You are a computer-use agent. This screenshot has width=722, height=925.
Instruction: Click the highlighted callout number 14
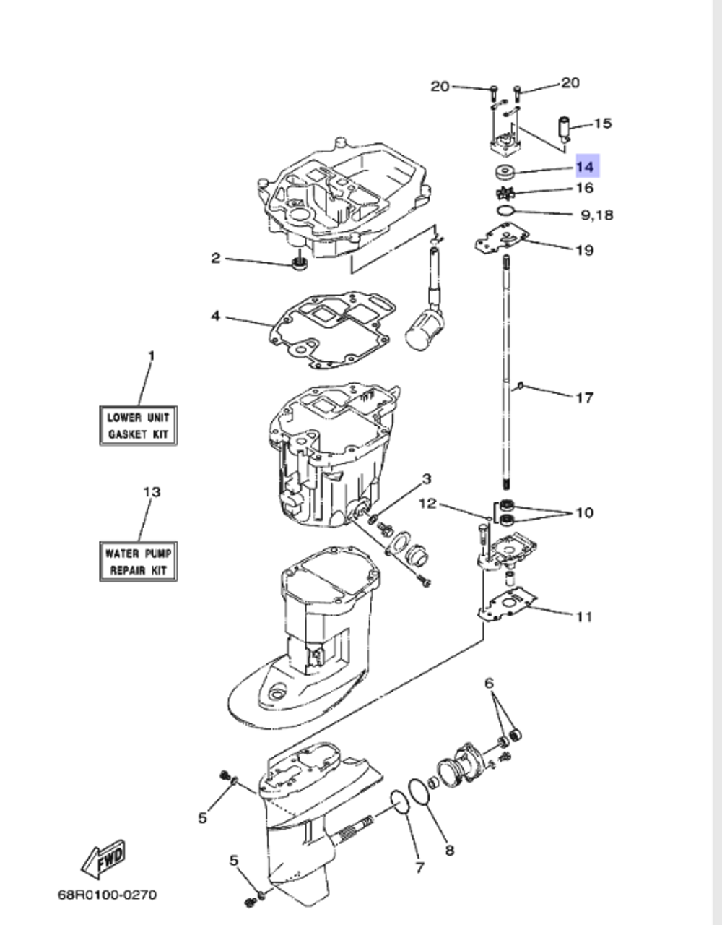point(586,167)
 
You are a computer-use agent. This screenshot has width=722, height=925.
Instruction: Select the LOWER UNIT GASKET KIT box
point(138,426)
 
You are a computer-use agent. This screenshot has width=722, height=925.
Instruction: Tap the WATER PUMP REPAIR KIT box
point(138,562)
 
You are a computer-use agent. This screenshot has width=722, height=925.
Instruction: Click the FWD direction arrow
point(103,859)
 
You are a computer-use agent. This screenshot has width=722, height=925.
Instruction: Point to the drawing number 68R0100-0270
point(107,895)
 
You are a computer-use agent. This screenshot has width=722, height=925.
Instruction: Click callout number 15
point(602,124)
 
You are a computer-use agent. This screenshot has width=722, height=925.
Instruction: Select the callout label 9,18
point(596,215)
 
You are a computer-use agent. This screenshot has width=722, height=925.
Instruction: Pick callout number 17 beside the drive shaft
point(585,397)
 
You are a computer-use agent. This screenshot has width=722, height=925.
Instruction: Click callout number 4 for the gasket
point(215,316)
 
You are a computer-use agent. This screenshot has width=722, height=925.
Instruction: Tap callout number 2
point(215,258)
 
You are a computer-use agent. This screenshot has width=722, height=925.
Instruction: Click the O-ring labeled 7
point(397,799)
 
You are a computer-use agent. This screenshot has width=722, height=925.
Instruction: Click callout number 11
point(584,616)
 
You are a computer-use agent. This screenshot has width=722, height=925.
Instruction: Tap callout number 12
point(428,503)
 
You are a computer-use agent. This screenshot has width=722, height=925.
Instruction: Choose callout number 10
point(584,512)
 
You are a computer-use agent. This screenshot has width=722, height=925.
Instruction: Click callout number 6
point(489,683)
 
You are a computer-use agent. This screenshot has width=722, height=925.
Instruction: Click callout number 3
point(427,478)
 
